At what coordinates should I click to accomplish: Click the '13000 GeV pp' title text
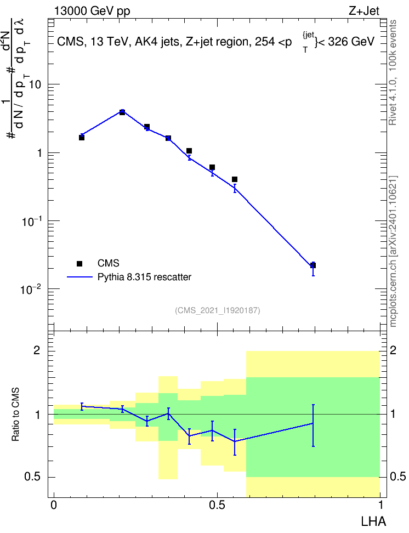click(x=92, y=11)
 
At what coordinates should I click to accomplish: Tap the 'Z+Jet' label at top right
click(x=363, y=11)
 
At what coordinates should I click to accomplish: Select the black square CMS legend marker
click(x=79, y=263)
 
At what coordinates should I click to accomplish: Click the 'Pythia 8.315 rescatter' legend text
click(x=144, y=277)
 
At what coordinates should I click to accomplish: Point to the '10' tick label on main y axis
click(x=35, y=84)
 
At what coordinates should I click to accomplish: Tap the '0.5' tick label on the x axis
click(x=217, y=505)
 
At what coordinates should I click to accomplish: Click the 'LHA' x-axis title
click(x=373, y=521)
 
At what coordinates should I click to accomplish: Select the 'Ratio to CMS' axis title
click(x=15, y=415)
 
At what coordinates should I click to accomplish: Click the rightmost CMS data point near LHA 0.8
click(x=313, y=265)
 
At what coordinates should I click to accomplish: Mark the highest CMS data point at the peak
click(x=122, y=112)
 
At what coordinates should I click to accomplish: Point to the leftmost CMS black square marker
click(x=82, y=137)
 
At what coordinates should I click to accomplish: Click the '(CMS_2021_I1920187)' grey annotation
click(x=218, y=310)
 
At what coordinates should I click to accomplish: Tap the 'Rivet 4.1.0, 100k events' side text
click(x=393, y=72)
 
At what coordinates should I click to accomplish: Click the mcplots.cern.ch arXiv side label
click(x=393, y=251)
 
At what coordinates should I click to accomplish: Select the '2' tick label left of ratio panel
click(x=37, y=350)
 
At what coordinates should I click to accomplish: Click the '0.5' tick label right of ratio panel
click(x=397, y=477)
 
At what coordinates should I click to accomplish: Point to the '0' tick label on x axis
click(x=53, y=505)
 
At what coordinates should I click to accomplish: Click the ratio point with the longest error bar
click(x=313, y=423)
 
